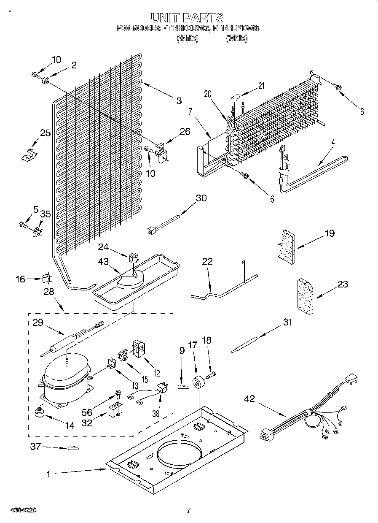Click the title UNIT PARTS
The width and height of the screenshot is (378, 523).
click(x=187, y=17)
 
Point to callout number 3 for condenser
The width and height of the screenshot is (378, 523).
click(x=180, y=100)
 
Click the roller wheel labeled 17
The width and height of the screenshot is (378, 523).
click(x=197, y=383)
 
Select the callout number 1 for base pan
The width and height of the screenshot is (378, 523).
click(x=48, y=474)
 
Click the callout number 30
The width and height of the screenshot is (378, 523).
click(x=201, y=198)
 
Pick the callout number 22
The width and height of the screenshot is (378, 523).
click(x=207, y=262)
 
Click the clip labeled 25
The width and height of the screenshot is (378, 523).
click(x=28, y=154)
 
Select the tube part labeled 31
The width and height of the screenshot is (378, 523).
click(x=244, y=344)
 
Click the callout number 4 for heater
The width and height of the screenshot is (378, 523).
click(x=333, y=143)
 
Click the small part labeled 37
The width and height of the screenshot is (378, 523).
click(x=72, y=448)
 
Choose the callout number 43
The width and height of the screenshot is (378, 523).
click(x=103, y=262)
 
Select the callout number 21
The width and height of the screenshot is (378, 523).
click(x=261, y=86)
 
